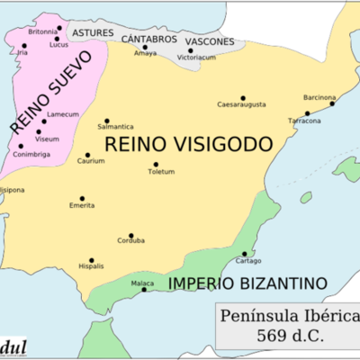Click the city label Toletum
160,172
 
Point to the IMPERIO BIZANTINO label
246,283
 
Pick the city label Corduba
130,241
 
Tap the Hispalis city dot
91,259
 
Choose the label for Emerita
82,206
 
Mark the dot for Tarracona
307,113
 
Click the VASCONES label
209,41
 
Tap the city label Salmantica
115,127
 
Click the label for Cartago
247,261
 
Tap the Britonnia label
42,31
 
